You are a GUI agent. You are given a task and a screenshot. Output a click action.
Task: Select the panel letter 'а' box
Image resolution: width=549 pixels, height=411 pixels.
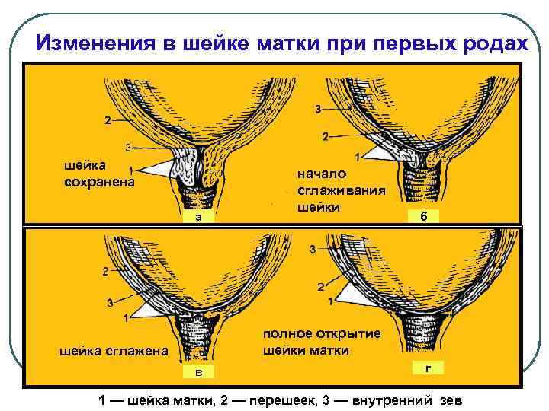pyautogui.click(x=197, y=217)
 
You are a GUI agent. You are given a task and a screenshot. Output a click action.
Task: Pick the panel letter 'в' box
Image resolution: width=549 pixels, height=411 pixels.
pyautogui.click(x=198, y=371)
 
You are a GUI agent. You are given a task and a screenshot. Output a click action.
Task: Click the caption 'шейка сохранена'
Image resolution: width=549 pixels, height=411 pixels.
pyautogui.click(x=99, y=174)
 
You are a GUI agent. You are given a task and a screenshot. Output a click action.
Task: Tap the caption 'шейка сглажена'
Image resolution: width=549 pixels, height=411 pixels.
pyautogui.click(x=114, y=351)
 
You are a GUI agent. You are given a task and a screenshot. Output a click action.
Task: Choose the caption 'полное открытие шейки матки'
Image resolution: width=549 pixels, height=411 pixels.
pyautogui.click(x=321, y=342)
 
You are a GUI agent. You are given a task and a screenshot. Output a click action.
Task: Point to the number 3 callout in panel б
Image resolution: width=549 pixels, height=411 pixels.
pyautogui.click(x=317, y=109)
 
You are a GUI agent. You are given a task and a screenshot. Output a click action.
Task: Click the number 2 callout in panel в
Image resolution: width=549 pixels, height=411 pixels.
pyautogui.click(x=105, y=272)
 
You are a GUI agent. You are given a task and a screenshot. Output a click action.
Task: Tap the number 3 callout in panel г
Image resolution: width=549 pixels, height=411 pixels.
pyautogui.click(x=312, y=249)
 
